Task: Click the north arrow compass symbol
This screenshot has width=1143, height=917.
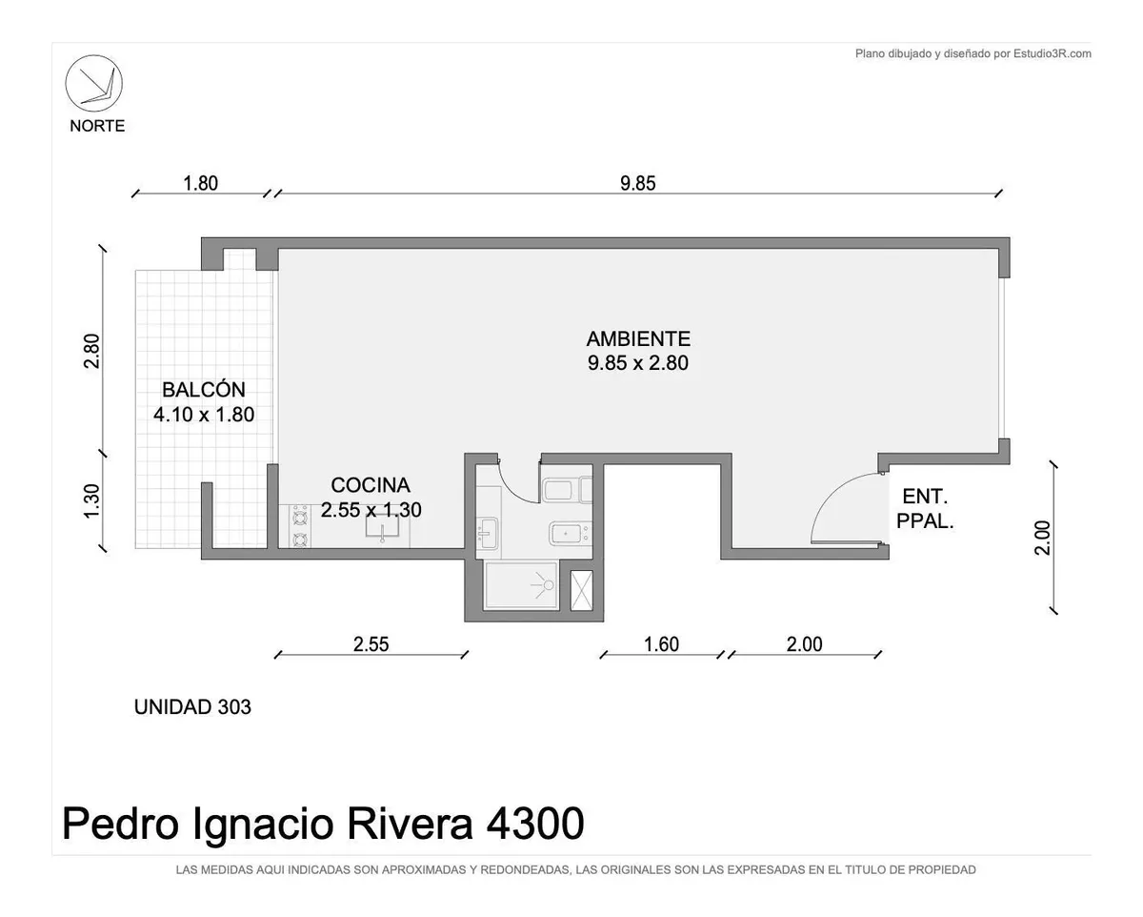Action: pos(94,84)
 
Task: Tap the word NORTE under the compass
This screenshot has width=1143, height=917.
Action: pos(98,126)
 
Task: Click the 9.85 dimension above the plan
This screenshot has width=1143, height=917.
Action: pos(638,183)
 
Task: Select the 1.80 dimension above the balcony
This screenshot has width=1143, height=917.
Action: pos(200,183)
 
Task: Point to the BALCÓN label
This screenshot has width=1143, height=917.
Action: pos(204,390)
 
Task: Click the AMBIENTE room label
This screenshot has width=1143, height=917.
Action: pos(638,338)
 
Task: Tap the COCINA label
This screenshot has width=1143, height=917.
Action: pos(371,485)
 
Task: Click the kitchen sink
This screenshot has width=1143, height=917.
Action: pos(382,526)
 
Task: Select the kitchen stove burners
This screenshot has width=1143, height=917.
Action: pos(300,526)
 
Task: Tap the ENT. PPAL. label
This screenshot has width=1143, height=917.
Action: pos(925,509)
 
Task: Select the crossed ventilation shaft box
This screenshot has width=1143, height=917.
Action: pos(582,590)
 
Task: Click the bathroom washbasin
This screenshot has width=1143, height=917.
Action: pos(488,533)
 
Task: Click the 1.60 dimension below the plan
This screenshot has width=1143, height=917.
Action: pos(661,644)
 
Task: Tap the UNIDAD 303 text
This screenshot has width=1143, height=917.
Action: pos(192,706)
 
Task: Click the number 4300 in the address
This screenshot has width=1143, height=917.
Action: pos(535,824)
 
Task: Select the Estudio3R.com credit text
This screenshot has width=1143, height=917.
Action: pos(1053,53)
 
